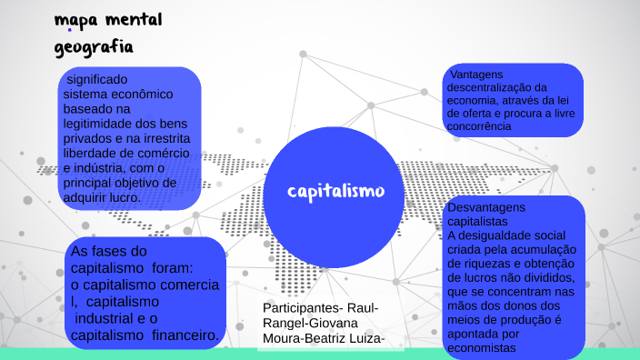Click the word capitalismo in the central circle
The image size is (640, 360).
click(x=335, y=191)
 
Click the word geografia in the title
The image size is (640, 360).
click(x=94, y=45)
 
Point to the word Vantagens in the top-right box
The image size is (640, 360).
click(x=476, y=75)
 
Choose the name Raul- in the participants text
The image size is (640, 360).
click(x=364, y=308)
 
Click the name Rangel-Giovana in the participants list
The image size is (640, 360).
click(x=310, y=324)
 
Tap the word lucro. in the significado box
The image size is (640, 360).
click(x=124, y=197)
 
